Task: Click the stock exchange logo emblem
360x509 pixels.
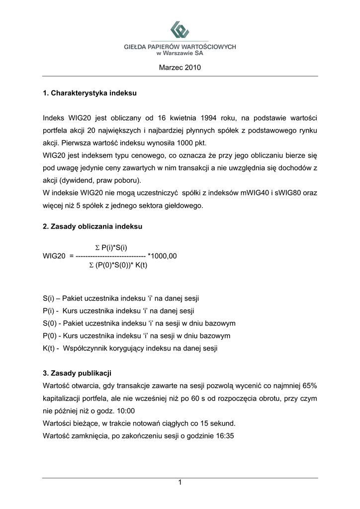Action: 180,30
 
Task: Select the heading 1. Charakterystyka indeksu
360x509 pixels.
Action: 90,93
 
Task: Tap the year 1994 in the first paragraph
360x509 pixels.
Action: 210,118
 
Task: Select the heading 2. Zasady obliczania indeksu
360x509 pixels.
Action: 92,227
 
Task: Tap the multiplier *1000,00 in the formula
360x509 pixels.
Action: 163,256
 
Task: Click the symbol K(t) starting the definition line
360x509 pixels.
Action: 49,348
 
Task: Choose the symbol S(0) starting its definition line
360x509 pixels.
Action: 48,323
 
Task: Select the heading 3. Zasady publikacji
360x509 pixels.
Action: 77,373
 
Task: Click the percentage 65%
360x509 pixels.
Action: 309,386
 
